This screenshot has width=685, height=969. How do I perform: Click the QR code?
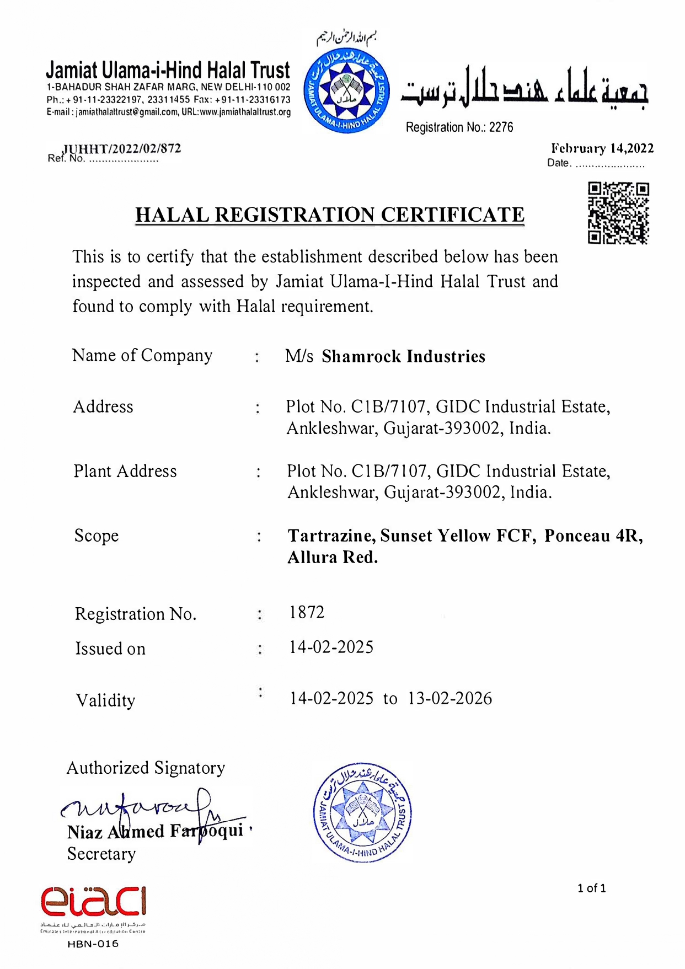pyautogui.click(x=618, y=213)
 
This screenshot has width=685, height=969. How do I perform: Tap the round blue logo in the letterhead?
pyautogui.click(x=347, y=92)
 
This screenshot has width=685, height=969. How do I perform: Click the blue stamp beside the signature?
pyautogui.click(x=362, y=812)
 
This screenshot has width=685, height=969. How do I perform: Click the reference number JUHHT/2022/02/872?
pyautogui.click(x=122, y=148)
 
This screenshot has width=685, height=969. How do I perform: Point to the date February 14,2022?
pyautogui.click(x=602, y=148)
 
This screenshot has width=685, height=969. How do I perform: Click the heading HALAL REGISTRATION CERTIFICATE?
pyautogui.click(x=330, y=215)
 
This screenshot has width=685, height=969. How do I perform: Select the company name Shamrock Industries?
pyautogui.click(x=403, y=356)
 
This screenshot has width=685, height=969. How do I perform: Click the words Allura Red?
pyautogui.click(x=333, y=557)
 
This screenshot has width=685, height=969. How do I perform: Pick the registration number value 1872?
pyautogui.click(x=307, y=612)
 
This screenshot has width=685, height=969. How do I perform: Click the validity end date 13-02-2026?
pyautogui.click(x=449, y=698)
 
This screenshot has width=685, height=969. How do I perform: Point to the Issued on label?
pyautogui.click(x=110, y=649)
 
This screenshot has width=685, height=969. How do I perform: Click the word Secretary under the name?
pyautogui.click(x=101, y=854)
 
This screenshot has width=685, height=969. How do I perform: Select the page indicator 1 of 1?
pyautogui.click(x=591, y=888)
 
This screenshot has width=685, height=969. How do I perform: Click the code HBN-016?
pyautogui.click(x=93, y=944)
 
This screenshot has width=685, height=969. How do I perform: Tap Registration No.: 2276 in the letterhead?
pyautogui.click(x=459, y=127)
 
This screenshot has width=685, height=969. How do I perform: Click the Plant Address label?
pyautogui.click(x=125, y=471)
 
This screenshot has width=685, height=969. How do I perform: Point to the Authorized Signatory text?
pyautogui.click(x=146, y=768)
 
